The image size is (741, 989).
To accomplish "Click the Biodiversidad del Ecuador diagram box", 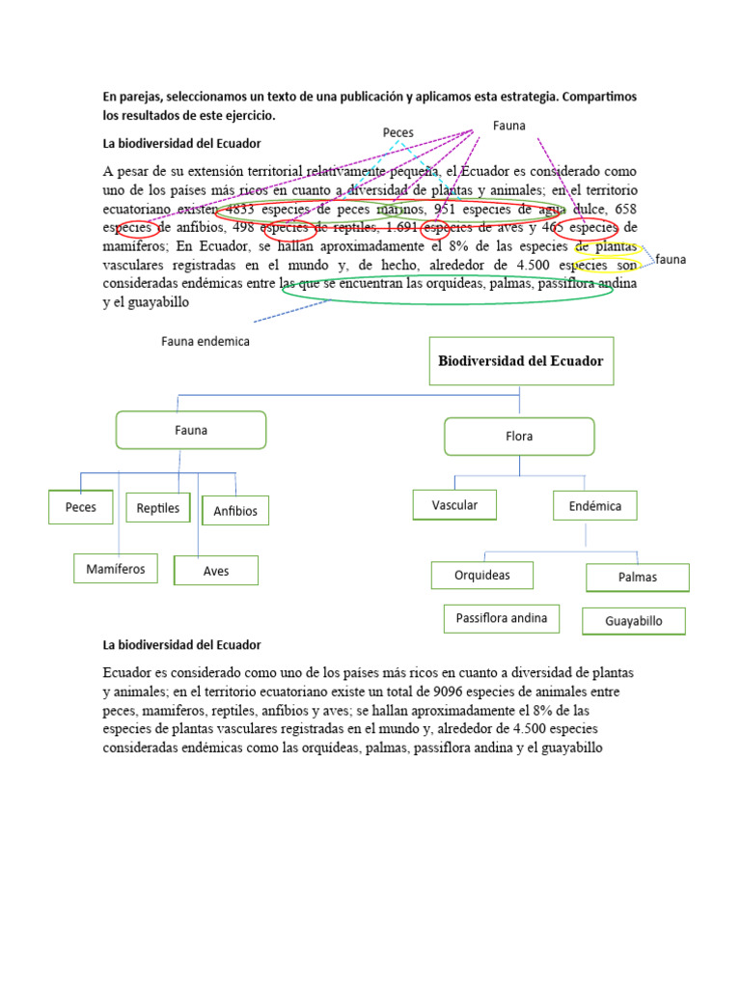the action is [521, 361].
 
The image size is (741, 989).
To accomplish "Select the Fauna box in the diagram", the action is [191, 430].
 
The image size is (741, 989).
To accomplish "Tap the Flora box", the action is [519, 437].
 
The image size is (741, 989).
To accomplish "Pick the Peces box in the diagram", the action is [81, 507].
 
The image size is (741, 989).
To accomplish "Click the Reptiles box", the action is [158, 508].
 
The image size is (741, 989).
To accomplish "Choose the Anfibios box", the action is [235, 511].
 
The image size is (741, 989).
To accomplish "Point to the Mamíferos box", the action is [116, 569].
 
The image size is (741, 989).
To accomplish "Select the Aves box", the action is [216, 571].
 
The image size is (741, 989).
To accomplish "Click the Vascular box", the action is [454, 505].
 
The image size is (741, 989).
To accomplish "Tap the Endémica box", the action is [594, 506].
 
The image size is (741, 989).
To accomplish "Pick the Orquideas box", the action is [482, 576].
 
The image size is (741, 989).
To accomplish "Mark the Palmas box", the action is [638, 578].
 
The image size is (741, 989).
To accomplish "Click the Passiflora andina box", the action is [502, 618].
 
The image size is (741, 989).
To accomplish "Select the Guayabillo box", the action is [634, 621].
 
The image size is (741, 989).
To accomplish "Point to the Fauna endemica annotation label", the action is [206, 341].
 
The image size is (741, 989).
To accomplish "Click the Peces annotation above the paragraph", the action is [398, 132].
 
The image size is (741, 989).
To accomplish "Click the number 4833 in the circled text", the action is [239, 209].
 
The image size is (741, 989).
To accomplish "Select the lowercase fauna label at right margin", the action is [671, 259].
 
